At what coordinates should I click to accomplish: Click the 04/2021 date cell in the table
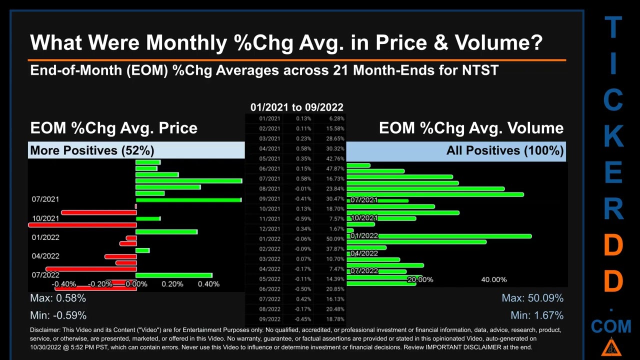click(x=269, y=148)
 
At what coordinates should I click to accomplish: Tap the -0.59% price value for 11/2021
click(x=302, y=219)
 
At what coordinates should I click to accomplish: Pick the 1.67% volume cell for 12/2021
click(x=336, y=229)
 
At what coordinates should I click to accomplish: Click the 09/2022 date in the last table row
click(x=269, y=319)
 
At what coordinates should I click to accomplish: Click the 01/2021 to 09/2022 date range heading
click(x=296, y=107)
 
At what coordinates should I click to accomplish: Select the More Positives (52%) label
click(x=92, y=150)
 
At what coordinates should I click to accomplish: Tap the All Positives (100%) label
click(x=505, y=150)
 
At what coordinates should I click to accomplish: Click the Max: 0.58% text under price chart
click(x=58, y=298)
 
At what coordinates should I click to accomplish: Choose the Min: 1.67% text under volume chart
click(x=536, y=315)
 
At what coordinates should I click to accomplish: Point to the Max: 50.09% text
click(x=532, y=298)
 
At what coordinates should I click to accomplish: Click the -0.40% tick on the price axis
click(x=64, y=284)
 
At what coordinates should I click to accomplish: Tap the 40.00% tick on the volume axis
click(x=493, y=279)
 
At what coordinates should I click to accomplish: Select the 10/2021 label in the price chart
click(x=45, y=218)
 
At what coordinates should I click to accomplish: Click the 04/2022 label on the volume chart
click(x=364, y=253)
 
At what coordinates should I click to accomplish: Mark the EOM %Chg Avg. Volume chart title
click(x=471, y=128)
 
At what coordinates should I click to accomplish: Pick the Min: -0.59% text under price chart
click(x=58, y=315)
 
